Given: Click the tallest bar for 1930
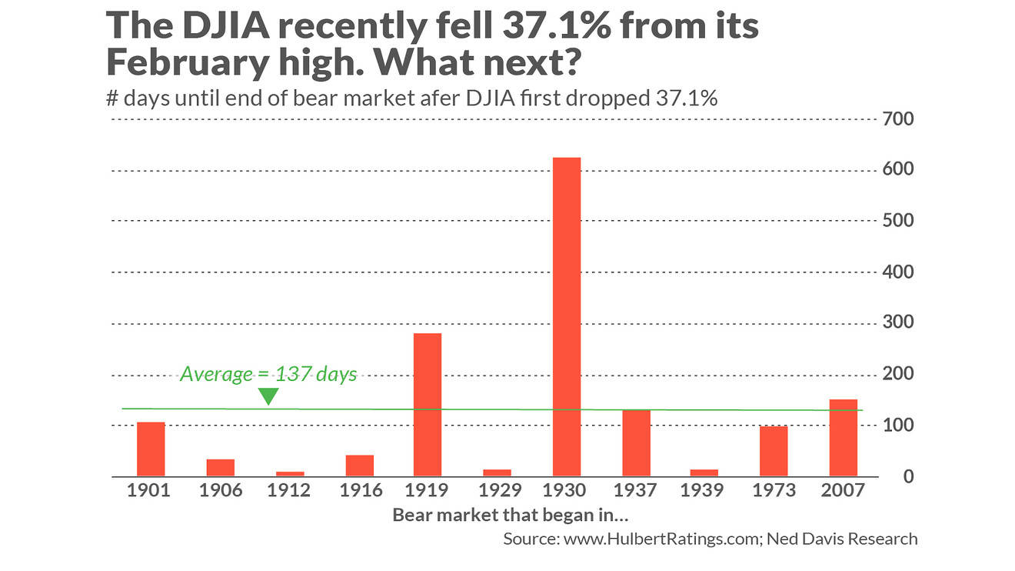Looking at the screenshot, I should coord(567,317).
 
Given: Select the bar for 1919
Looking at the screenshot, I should coord(428,405).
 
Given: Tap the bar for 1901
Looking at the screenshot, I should coord(151,449).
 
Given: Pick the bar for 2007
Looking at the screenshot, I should coord(843,438).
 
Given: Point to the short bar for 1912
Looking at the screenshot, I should coord(289,473).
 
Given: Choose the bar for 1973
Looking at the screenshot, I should coord(774,451).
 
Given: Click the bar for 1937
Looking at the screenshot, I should coord(636,443).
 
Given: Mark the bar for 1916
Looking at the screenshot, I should coord(359,466).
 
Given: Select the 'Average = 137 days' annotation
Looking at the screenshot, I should coord(268,375).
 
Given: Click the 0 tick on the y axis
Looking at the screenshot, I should coord(907,477).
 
